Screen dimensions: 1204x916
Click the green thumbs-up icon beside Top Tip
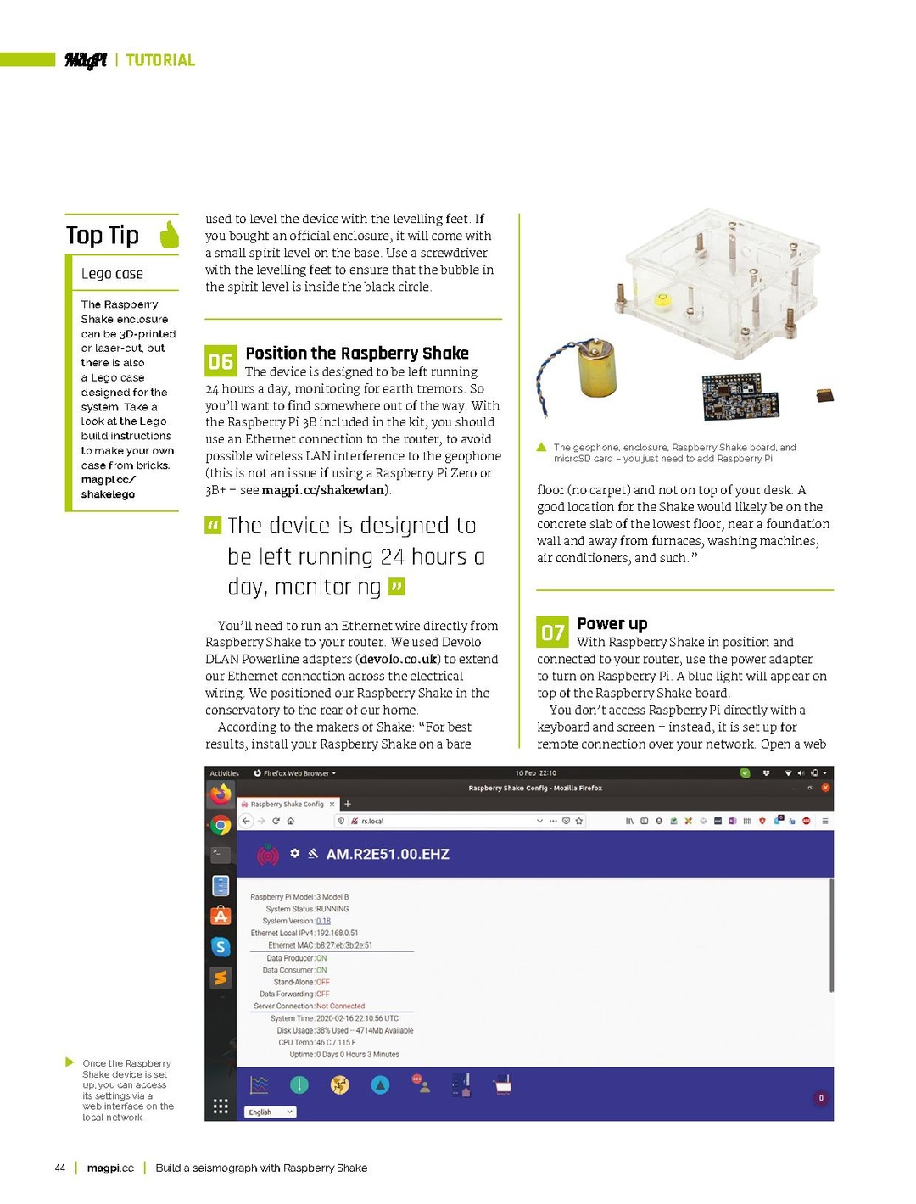[x=170, y=235]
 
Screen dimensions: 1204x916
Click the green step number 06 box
[x=221, y=361]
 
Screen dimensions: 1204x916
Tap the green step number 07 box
[x=552, y=633]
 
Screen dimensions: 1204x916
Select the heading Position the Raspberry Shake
[x=356, y=353]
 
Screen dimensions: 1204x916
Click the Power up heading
[x=612, y=623]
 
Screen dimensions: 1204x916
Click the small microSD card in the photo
[x=824, y=395]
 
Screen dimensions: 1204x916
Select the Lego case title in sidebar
[x=112, y=274]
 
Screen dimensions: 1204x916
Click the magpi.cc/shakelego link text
[x=108, y=487]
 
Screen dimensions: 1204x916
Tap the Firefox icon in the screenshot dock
[x=221, y=794]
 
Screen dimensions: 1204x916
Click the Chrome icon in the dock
[x=221, y=825]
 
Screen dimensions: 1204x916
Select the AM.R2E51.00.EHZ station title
[x=388, y=854]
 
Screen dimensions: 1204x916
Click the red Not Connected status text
[x=340, y=1006]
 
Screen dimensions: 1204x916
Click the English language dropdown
[x=271, y=1112]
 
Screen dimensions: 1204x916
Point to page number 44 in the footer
[x=60, y=1168]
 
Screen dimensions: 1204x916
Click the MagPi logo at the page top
[x=86, y=59]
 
